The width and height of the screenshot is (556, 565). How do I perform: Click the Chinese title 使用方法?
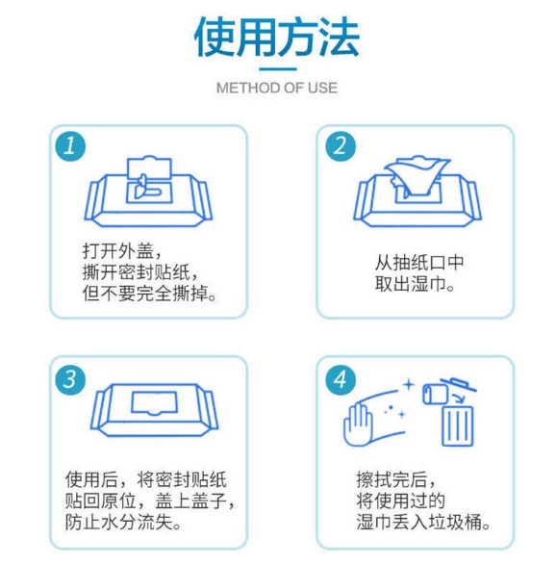[277, 37]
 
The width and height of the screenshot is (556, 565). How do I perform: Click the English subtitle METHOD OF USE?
[277, 88]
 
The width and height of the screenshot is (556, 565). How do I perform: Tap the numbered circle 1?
[70, 146]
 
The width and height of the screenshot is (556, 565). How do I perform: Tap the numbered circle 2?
[341, 146]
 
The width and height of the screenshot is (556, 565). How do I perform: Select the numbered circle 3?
[70, 379]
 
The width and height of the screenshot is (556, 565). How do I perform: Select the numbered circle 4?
[341, 379]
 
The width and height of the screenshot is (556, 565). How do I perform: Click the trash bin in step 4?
[457, 425]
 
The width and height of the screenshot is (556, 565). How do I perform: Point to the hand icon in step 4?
[358, 425]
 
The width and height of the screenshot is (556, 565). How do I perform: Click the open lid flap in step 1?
[149, 168]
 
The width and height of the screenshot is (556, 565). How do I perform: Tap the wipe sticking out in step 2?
[417, 176]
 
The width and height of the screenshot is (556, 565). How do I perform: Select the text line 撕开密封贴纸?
[140, 272]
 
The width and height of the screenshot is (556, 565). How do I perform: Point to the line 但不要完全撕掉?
[149, 294]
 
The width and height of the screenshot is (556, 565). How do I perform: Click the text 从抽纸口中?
[419, 262]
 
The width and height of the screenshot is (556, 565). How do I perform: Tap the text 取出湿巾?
[415, 284]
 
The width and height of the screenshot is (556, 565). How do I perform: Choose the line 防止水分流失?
[123, 522]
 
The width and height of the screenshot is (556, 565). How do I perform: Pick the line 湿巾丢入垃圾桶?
[423, 522]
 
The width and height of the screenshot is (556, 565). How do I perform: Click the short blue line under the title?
[278, 69]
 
